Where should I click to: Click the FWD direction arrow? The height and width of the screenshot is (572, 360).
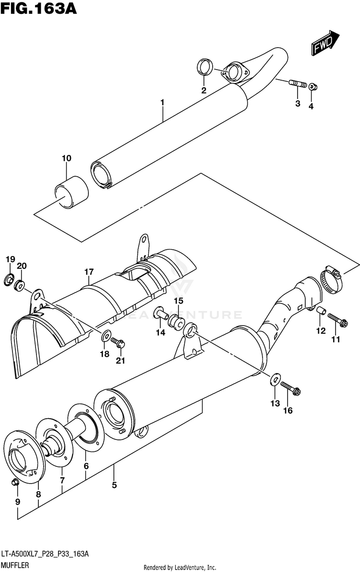tap(324, 45)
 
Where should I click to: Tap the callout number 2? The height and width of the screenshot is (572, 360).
tap(204, 90)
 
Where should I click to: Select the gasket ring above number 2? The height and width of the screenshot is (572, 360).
tap(205, 67)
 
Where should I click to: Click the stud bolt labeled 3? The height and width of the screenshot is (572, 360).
tap(298, 85)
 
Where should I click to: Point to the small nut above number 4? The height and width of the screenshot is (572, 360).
tap(312, 86)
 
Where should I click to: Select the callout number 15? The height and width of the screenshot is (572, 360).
tap(179, 301)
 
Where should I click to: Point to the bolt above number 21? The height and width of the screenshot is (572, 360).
tap(118, 342)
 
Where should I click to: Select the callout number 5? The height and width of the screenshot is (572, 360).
tap(114, 485)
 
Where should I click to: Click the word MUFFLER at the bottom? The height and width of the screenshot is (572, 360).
tap(14, 566)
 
